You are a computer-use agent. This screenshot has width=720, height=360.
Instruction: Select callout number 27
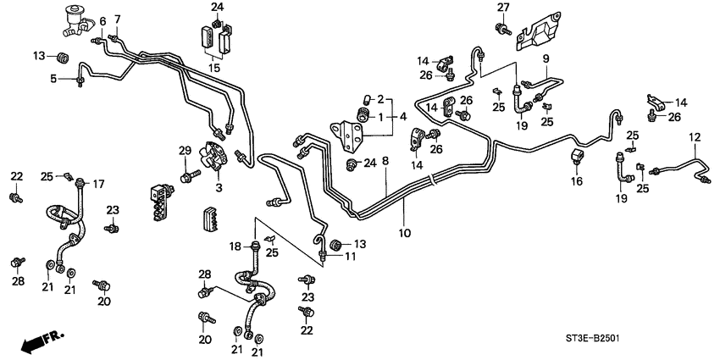[x=502, y=8]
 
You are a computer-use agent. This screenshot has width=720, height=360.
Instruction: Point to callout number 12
[x=694, y=136]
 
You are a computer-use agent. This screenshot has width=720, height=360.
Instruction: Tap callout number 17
[x=98, y=182]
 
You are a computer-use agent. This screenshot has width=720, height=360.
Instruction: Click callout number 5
[x=53, y=80]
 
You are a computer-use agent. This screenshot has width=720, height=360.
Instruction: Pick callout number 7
[x=117, y=19]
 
